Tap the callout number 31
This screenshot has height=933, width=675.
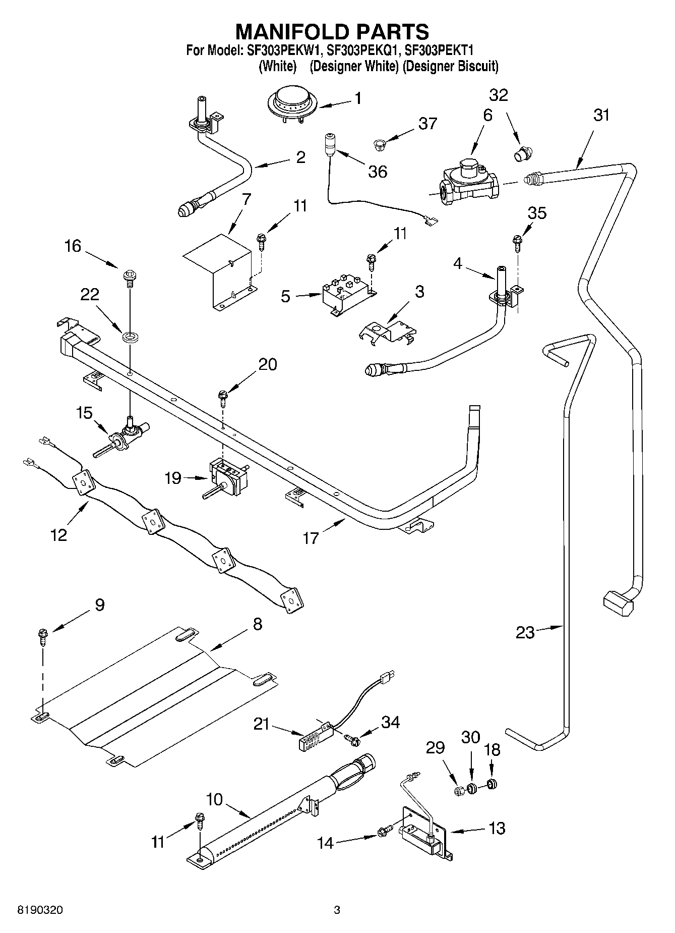(x=601, y=116)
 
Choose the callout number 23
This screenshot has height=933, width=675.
(x=525, y=632)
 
